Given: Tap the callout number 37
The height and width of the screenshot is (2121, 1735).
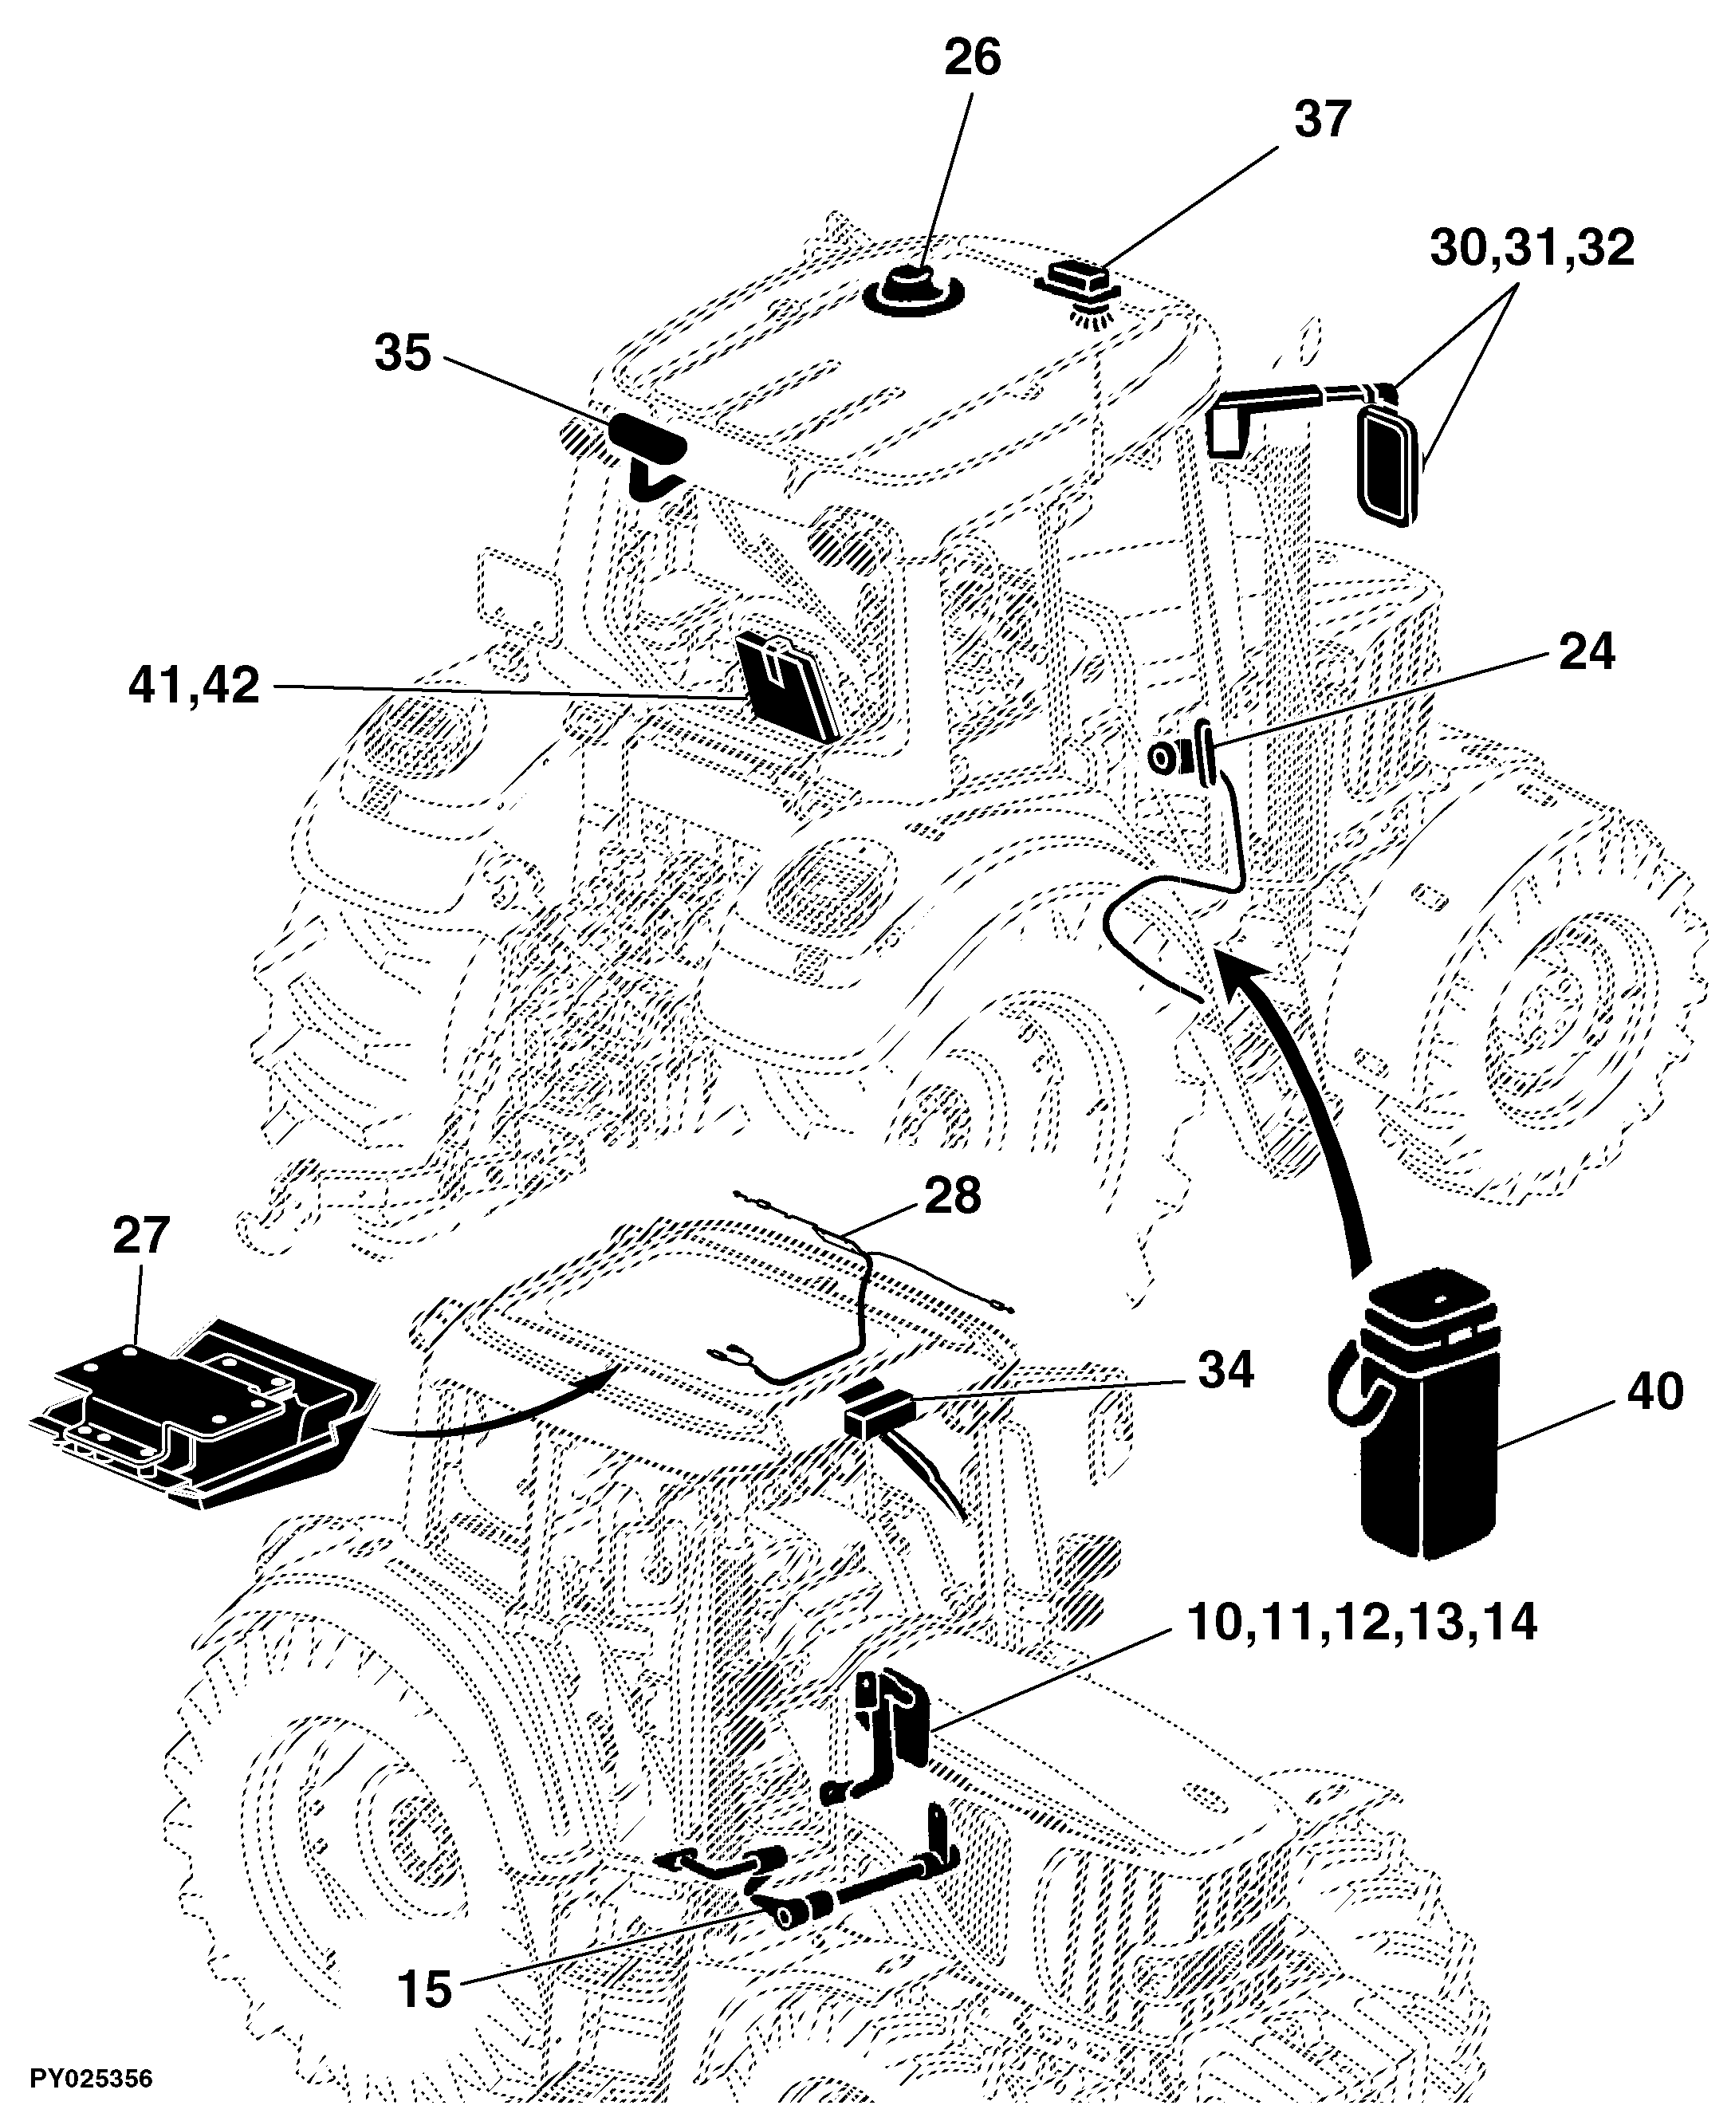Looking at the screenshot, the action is pyautogui.click(x=1322, y=119).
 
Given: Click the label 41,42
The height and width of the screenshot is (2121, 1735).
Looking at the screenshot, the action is pyautogui.click(x=194, y=687).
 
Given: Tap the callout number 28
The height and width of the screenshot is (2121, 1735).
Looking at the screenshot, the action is pyautogui.click(x=953, y=1195).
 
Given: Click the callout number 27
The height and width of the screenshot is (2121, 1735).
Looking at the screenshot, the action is pyautogui.click(x=141, y=1235).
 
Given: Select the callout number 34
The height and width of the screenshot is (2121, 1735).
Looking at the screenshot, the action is pyautogui.click(x=1226, y=1371).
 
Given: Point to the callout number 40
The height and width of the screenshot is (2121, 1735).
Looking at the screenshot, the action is pyautogui.click(x=1654, y=1391).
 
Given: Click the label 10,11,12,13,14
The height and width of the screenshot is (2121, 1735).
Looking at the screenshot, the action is pyautogui.click(x=1361, y=1623).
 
